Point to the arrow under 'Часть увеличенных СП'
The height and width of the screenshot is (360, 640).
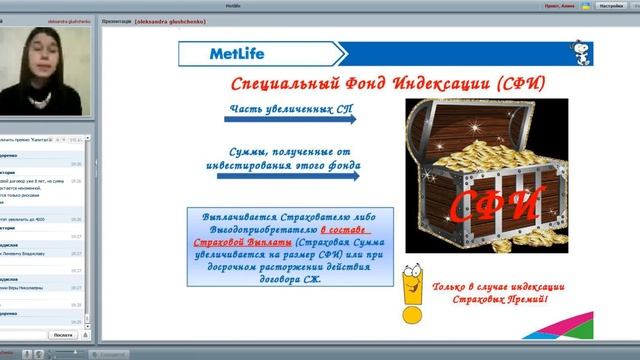point(289,118)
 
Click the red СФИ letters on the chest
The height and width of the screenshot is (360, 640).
point(494,205)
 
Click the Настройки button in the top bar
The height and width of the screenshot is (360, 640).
point(611,5)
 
